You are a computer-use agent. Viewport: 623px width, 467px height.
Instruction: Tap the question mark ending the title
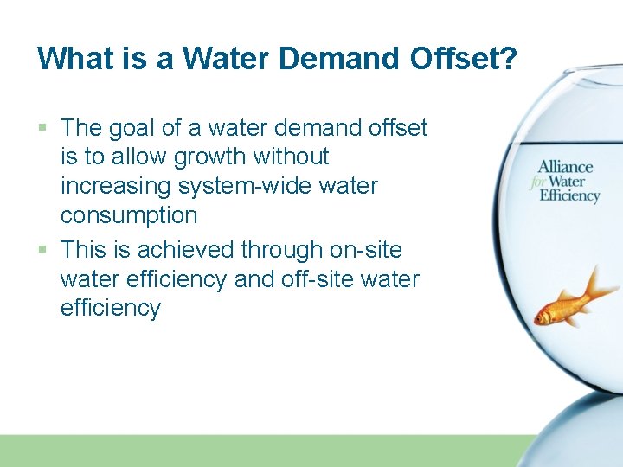tap(508, 58)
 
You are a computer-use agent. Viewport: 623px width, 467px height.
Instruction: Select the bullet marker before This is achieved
tap(43, 251)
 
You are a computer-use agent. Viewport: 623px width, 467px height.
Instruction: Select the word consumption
tap(129, 215)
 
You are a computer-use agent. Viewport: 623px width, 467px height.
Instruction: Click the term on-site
tap(366, 250)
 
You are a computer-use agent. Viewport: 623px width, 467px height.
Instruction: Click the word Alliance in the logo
tap(565, 166)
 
